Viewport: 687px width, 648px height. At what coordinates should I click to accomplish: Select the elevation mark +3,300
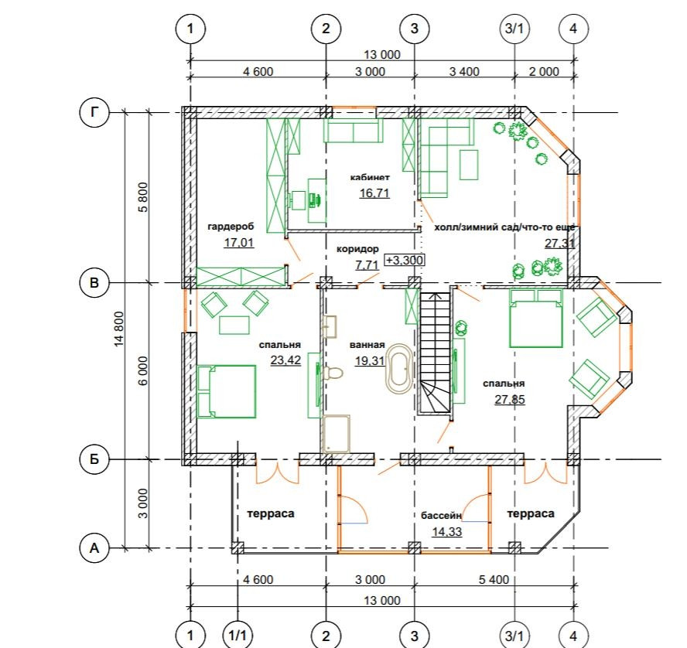405,260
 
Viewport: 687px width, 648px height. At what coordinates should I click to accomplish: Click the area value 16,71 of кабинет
374,193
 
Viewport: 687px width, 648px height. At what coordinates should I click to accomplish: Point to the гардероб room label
231,227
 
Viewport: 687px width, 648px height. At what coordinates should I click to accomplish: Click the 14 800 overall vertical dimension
119,329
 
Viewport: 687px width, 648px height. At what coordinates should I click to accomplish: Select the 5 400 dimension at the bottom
494,579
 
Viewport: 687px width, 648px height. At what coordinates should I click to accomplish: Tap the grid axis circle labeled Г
94,113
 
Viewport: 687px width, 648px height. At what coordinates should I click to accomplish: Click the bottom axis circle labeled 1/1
238,636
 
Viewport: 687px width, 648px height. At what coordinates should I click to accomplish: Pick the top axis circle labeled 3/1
514,29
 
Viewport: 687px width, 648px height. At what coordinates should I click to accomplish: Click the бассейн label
441,516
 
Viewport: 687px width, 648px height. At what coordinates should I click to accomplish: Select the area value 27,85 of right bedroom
510,399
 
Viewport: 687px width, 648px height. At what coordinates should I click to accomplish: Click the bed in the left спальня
226,391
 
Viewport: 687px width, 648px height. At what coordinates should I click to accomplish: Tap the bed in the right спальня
536,319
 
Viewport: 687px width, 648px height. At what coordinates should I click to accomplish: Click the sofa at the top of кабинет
352,131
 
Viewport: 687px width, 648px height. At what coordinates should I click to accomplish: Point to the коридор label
357,249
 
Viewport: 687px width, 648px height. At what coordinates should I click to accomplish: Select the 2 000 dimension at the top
544,71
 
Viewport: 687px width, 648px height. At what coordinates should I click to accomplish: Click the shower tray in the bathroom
337,434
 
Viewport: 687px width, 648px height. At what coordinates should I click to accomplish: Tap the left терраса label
271,513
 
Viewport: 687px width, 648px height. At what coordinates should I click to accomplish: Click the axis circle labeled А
94,547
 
